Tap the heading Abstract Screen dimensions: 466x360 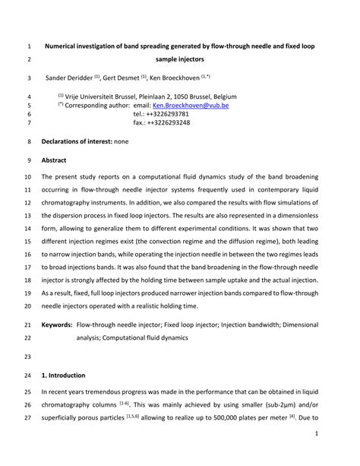[x=54, y=160]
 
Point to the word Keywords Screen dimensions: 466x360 [x=56, y=324]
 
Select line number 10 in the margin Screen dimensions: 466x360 [x=30, y=176]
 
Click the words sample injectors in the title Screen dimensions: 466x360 [x=181, y=59]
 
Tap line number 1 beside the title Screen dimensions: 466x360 [x=30, y=45]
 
